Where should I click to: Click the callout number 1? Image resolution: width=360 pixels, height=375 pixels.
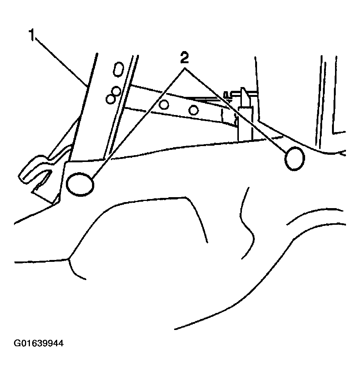[x=32, y=35]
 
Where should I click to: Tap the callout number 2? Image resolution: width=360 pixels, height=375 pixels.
[x=184, y=58]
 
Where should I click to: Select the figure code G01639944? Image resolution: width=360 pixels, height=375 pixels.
[x=39, y=344]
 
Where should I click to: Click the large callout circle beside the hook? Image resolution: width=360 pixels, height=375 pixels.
[x=80, y=184]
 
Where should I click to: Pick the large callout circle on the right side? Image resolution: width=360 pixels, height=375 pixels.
[x=295, y=159]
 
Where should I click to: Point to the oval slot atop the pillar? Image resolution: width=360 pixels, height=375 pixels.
[x=118, y=69]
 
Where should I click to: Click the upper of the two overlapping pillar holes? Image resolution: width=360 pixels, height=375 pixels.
[x=116, y=91]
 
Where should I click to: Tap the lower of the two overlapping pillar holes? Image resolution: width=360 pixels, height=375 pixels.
[x=111, y=99]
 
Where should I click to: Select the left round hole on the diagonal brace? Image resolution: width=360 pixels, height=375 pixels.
[x=164, y=104]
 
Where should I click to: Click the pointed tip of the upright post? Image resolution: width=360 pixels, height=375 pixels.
[x=243, y=88]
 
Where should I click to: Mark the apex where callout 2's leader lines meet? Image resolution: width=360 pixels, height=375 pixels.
[x=185, y=68]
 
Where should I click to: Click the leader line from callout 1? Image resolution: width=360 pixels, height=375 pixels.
[x=62, y=63]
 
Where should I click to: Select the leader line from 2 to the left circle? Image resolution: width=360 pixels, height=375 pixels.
[x=139, y=124]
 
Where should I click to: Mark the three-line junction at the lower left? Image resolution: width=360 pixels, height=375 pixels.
[x=69, y=258]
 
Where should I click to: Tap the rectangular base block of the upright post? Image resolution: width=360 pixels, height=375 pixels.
[x=245, y=124]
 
